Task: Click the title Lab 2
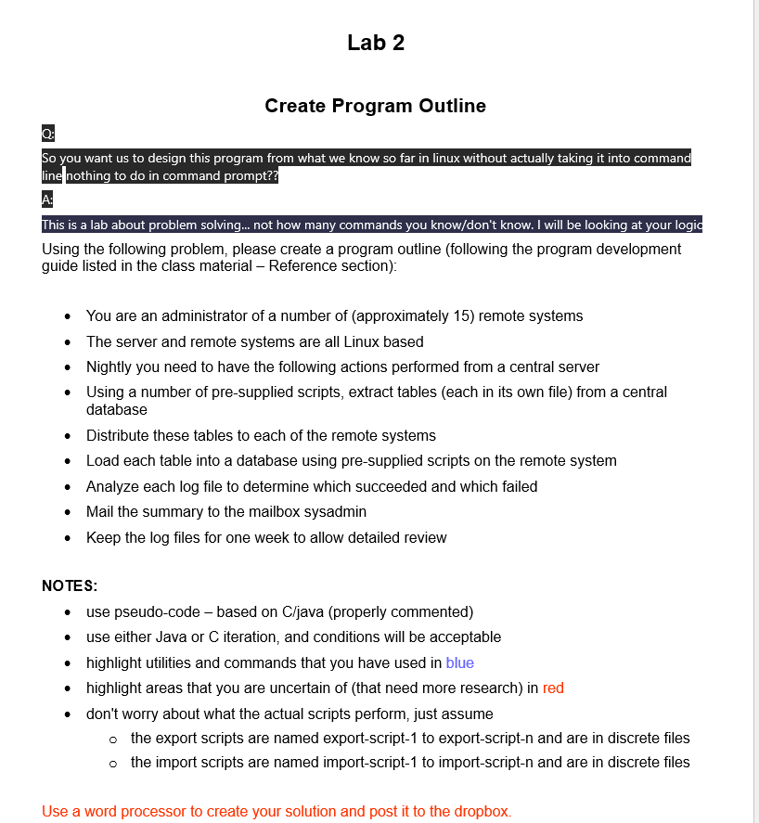[375, 43]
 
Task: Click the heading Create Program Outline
[375, 106]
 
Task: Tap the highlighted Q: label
[48, 133]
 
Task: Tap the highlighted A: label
[48, 199]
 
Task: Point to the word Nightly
[111, 366]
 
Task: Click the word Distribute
[118, 435]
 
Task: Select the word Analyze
[113, 486]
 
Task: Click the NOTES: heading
[70, 586]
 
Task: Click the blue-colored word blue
[459, 662]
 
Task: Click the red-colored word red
[553, 688]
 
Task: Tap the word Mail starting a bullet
[102, 511]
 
